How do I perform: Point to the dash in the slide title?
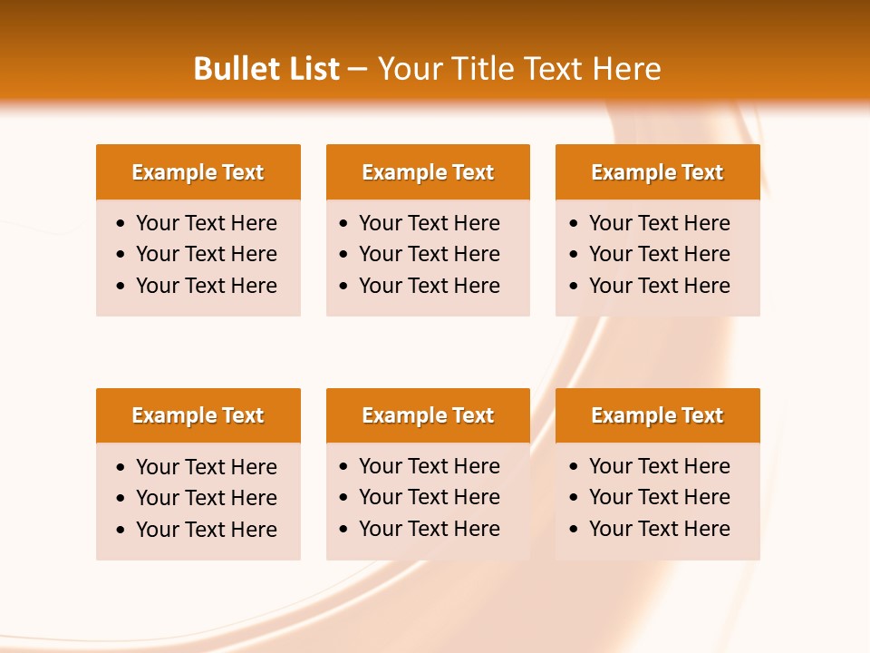click(x=357, y=70)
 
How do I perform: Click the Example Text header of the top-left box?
click(x=198, y=172)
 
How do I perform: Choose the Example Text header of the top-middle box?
click(x=428, y=172)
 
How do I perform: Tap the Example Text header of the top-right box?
click(x=657, y=172)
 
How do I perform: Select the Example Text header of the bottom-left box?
click(x=198, y=415)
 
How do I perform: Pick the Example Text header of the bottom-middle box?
click(x=428, y=415)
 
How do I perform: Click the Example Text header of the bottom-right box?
click(x=657, y=415)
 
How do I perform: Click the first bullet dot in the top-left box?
click(x=121, y=223)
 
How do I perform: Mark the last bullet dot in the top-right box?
click(x=575, y=286)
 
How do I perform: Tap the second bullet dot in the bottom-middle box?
click(x=344, y=498)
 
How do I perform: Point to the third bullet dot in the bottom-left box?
click(x=121, y=530)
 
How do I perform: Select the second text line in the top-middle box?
click(x=429, y=254)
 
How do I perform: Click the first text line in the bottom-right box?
click(x=659, y=466)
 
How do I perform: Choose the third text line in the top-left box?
click(x=206, y=286)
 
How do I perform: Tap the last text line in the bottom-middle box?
click(x=429, y=529)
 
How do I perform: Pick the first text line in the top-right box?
click(x=659, y=223)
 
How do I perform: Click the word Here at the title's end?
click(x=626, y=69)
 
